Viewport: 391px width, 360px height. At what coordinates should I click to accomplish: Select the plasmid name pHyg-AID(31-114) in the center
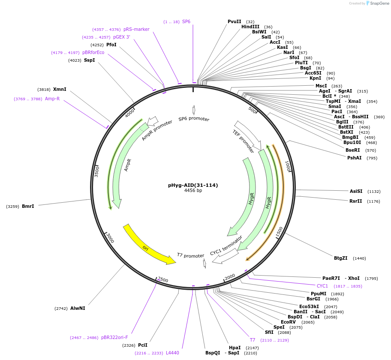point(193,185)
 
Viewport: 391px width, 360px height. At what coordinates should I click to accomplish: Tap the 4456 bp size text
point(193,191)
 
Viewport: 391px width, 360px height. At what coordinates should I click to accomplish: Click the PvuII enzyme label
point(235,21)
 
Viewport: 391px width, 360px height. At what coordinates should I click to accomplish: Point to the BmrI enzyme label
point(28,206)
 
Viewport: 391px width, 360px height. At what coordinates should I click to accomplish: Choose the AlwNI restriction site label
point(78,308)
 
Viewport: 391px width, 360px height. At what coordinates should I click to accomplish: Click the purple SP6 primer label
point(186,21)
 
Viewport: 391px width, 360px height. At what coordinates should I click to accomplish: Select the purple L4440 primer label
point(172,353)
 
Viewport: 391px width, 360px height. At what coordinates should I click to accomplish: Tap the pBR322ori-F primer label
point(114,337)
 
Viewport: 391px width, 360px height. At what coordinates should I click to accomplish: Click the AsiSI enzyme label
point(356,191)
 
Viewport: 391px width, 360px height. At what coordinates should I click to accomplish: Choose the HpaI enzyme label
point(235,348)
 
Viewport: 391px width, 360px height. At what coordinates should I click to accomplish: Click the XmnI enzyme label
point(60,89)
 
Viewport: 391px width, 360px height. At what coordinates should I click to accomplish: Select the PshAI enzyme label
point(354,158)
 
